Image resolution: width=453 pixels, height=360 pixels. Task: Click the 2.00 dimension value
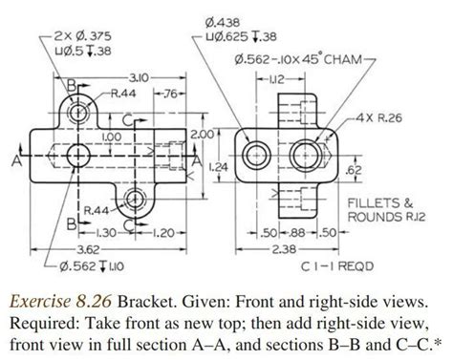click(x=200, y=134)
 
